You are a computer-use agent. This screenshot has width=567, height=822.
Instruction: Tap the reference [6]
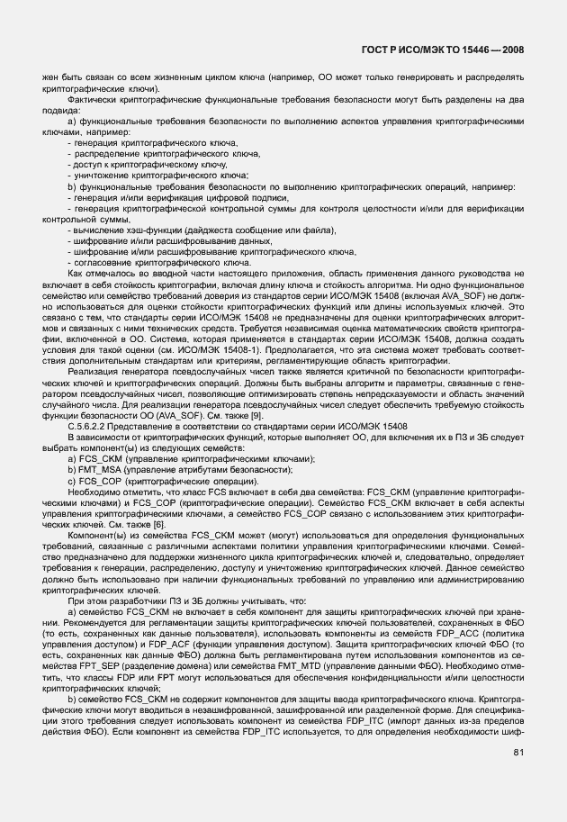pos(131,523)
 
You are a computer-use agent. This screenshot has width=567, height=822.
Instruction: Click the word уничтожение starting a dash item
pos(103,176)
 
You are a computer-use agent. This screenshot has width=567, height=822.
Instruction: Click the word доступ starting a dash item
pos(88,165)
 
